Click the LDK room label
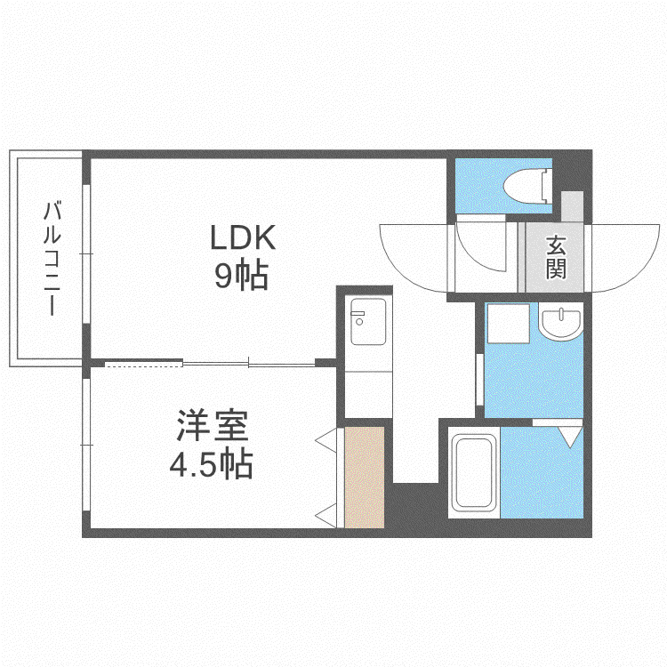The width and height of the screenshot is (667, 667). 243,237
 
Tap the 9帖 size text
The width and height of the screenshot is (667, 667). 241,276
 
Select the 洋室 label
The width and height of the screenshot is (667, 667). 213,425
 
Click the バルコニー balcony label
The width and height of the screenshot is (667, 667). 52,259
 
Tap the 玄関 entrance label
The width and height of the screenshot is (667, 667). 556,257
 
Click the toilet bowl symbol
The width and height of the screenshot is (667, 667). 527,186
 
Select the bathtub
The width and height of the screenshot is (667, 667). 474,472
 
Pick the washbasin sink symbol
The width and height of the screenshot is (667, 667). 560,322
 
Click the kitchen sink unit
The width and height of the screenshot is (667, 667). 368,321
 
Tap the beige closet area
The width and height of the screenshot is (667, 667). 364,478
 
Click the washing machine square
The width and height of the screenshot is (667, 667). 509,324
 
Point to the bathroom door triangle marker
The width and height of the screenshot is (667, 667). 570,437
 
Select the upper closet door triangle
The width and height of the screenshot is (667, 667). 326,440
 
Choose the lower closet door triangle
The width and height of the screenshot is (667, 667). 326,516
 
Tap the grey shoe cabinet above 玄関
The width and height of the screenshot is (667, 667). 572,206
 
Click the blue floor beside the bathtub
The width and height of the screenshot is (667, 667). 542,472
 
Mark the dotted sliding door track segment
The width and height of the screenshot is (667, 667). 143,364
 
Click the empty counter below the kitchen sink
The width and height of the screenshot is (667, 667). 368,394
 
